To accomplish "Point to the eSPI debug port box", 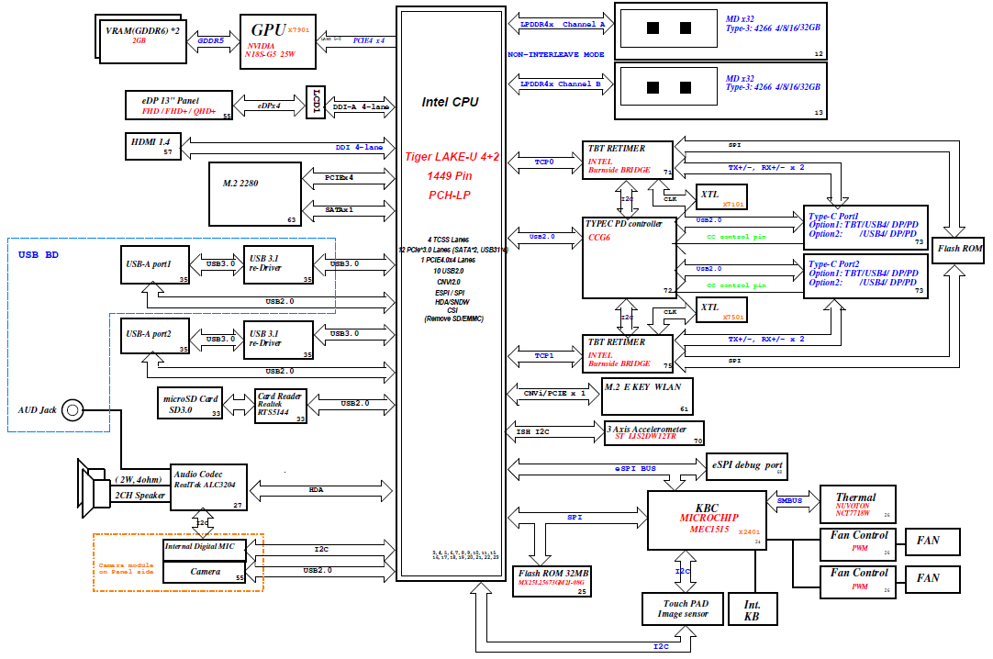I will [x=748, y=466].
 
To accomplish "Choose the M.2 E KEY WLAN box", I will [x=647, y=397].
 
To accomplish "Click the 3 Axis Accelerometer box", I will [x=654, y=433].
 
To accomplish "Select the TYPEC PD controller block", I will [x=630, y=258].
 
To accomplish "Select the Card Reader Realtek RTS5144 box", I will [x=281, y=404].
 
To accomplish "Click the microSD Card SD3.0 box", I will [x=191, y=404].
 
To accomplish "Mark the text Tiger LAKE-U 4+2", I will [x=451, y=157].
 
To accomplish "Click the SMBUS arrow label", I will [x=790, y=501].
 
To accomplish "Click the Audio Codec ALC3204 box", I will [x=206, y=489].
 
